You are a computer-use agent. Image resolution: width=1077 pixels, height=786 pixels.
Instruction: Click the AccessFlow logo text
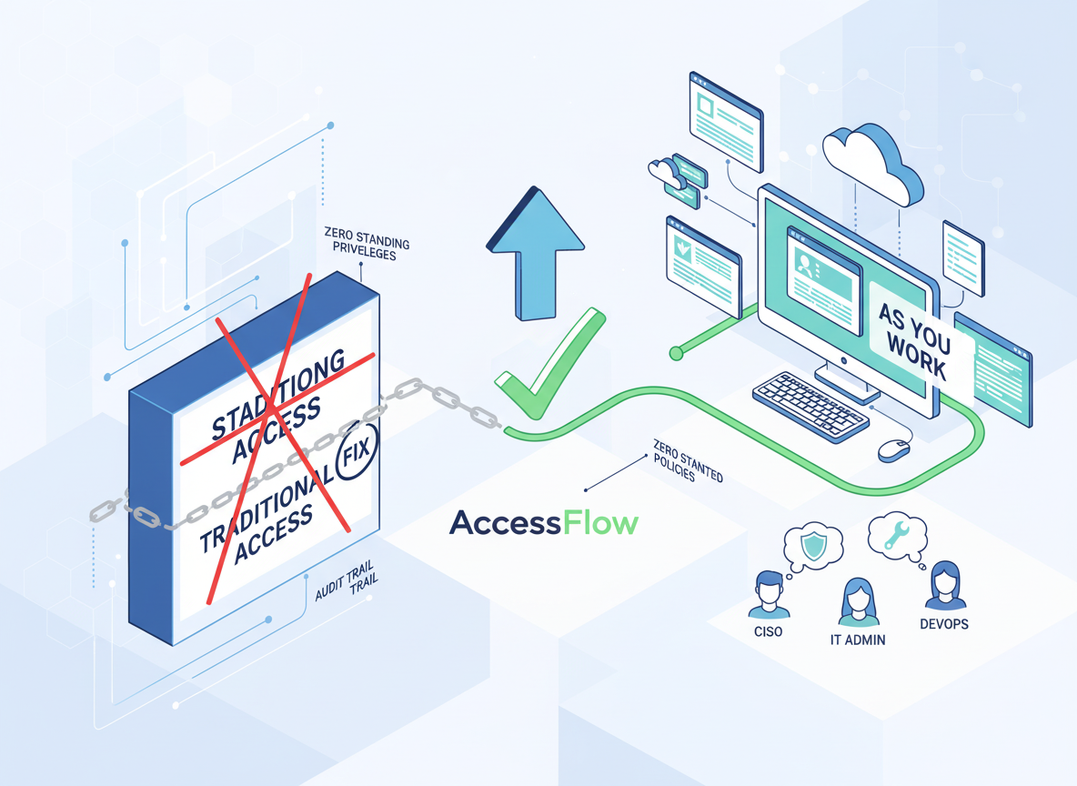544,522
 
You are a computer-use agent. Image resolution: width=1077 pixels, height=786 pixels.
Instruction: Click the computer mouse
894,449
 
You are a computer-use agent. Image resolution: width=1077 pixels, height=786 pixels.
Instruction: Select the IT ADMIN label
858,640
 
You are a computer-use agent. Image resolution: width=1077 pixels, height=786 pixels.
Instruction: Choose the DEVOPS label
944,624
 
